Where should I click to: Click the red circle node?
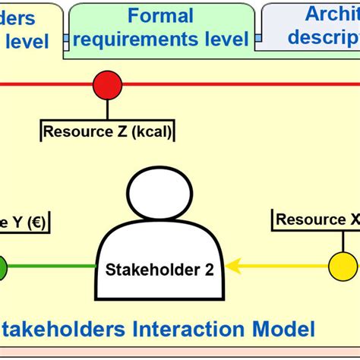tap(107, 84)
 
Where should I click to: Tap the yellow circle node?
tap(343, 266)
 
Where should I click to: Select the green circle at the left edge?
tap(2, 267)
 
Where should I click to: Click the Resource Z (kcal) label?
tap(107, 131)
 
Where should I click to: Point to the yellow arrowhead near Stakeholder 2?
tap(233, 266)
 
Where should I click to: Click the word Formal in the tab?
tap(160, 16)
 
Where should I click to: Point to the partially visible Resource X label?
tap(316, 219)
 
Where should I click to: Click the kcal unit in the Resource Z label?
tap(151, 131)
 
